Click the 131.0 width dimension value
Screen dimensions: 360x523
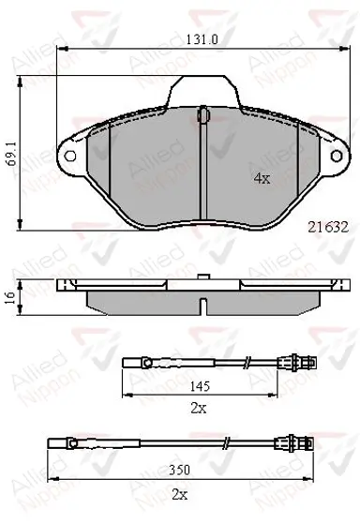[202, 39]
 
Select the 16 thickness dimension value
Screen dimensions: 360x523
[11, 296]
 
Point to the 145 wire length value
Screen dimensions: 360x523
[201, 386]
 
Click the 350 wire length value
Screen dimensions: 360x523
[179, 470]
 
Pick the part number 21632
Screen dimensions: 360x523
[328, 227]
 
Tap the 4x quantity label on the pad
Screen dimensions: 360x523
[262, 179]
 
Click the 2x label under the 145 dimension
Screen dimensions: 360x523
[199, 408]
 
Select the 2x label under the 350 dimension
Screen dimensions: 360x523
[179, 495]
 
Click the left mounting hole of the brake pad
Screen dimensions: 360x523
[70, 156]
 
